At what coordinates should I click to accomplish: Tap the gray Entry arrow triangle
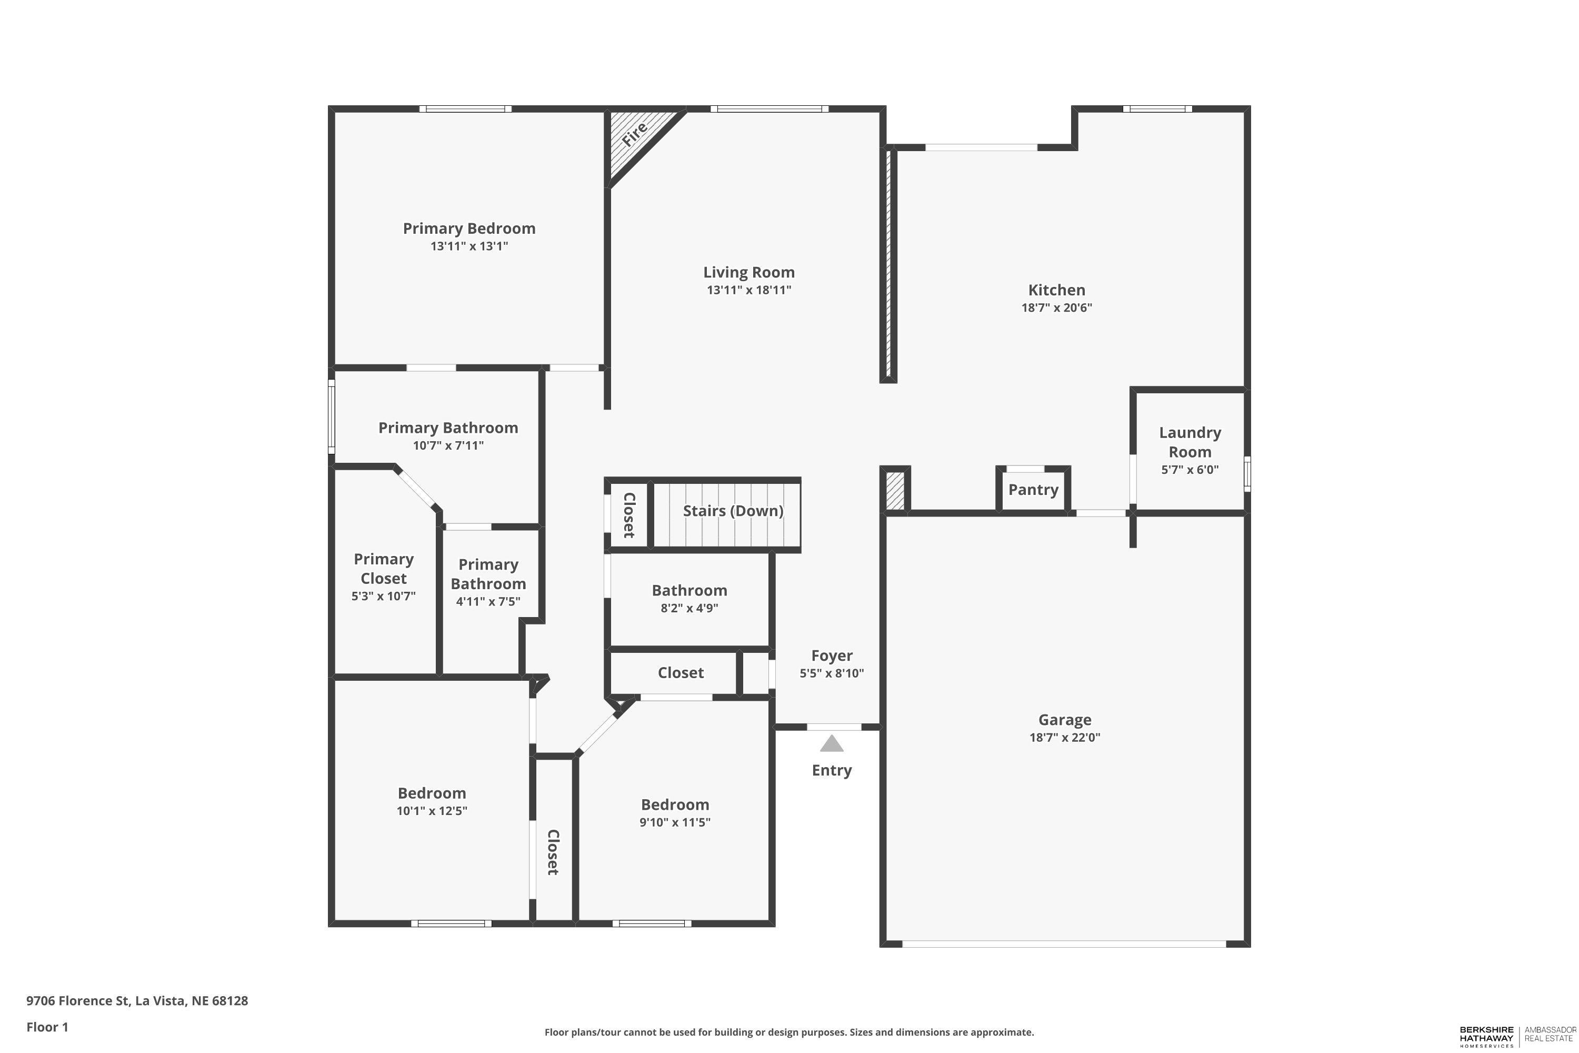831,743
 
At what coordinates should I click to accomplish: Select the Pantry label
1033,490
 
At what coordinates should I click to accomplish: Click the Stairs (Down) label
733,511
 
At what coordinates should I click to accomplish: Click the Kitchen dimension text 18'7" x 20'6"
1057,307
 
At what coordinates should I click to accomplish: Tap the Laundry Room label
1190,442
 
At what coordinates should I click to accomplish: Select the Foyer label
832,655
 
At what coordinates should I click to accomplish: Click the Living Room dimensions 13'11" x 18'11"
749,290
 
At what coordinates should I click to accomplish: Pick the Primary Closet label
383,569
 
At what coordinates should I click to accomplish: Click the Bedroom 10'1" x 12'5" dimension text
432,811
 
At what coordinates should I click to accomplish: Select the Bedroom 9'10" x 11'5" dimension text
675,822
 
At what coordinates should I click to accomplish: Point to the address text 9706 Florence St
77,1001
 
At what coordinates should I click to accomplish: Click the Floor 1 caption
47,1027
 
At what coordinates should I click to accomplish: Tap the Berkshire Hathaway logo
1516,1036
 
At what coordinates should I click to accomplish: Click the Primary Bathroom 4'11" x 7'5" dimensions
488,602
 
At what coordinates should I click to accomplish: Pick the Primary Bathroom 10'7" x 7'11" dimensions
448,445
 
